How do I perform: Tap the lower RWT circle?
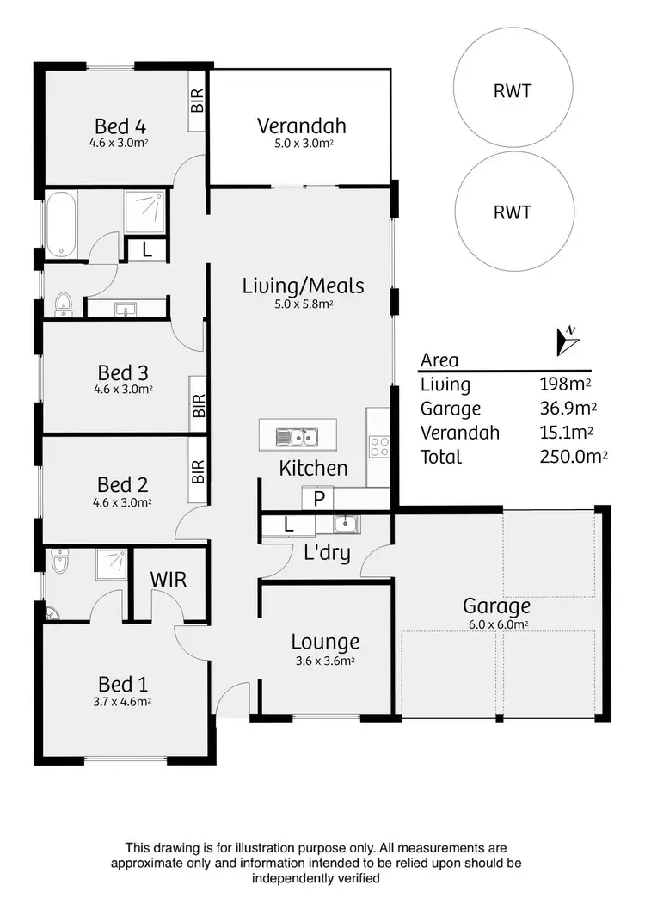(513, 212)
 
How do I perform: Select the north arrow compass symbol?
(568, 341)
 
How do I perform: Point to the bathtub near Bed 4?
(62, 225)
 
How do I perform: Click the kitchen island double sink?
(297, 438)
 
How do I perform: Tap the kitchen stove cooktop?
(379, 446)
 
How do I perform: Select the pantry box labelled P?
(318, 498)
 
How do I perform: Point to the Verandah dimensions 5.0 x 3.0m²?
(298, 144)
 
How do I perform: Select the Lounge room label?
(324, 642)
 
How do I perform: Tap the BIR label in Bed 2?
(198, 470)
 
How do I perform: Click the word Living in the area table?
(445, 384)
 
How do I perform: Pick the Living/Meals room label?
(304, 286)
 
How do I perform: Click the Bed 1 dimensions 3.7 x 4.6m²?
(122, 701)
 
